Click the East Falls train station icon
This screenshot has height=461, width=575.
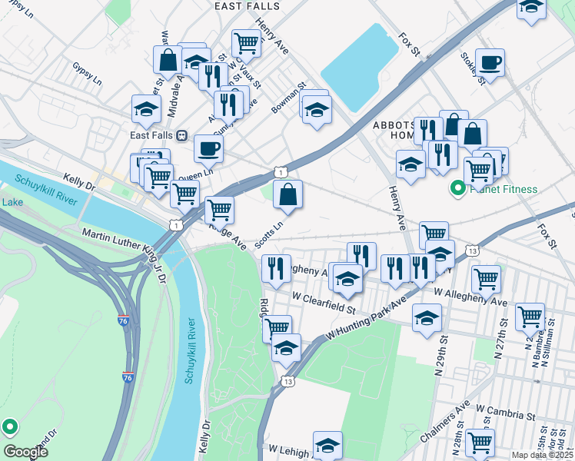click(x=182, y=135)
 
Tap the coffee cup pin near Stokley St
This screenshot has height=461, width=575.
click(x=489, y=62)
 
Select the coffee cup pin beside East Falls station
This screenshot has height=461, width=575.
click(x=207, y=148)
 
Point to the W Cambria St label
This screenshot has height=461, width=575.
click(x=505, y=415)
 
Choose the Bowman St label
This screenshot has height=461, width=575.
click(x=289, y=98)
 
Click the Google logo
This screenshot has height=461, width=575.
click(x=25, y=452)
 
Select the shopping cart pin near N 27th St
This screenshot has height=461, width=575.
click(x=530, y=314)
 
